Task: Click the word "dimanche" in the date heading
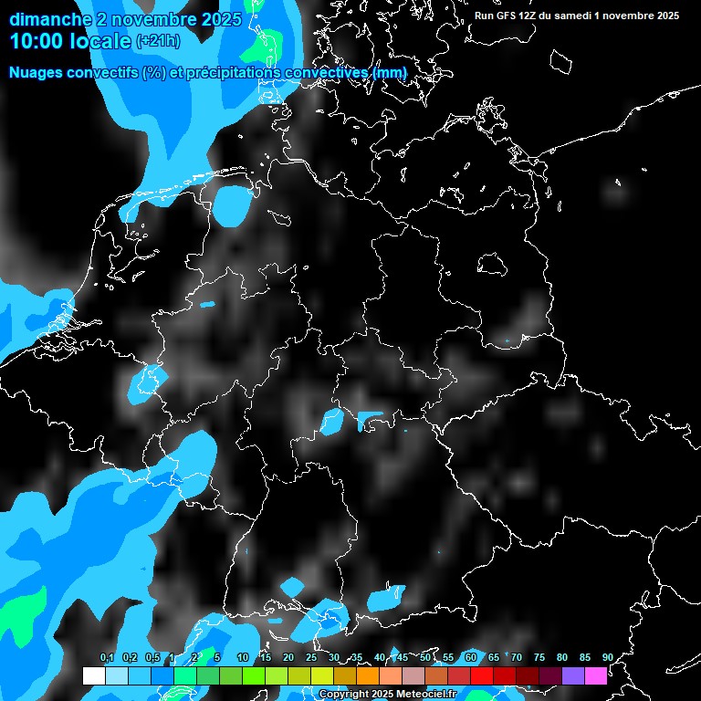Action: click(46, 19)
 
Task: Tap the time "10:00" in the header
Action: click(36, 41)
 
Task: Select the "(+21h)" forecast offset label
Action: click(158, 41)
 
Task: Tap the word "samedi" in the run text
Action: click(576, 16)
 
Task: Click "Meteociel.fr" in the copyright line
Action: click(427, 695)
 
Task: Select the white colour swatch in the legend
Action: click(94, 676)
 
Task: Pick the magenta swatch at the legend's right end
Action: click(596, 676)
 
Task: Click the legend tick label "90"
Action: click(607, 657)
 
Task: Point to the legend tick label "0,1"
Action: click(106, 657)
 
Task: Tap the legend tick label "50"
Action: click(425, 657)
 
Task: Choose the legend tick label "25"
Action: click(311, 657)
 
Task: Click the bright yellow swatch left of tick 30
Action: click(322, 676)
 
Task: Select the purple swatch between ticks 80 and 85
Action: click(573, 676)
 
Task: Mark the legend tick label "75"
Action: click(539, 657)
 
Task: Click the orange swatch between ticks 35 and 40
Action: click(368, 676)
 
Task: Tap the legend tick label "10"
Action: click(243, 657)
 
